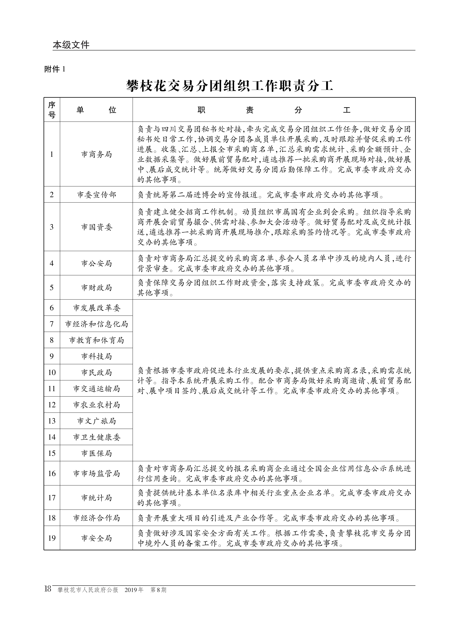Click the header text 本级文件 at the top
(71, 45)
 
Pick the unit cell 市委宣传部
(96, 195)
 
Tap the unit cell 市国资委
(96, 227)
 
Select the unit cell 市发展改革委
(96, 308)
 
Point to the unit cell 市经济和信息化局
(96, 324)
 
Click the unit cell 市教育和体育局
(96, 340)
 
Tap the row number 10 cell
(52, 372)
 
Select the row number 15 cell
(52, 453)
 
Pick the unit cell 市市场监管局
(96, 473)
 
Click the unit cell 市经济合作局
(96, 518)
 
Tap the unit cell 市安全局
(96, 538)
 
